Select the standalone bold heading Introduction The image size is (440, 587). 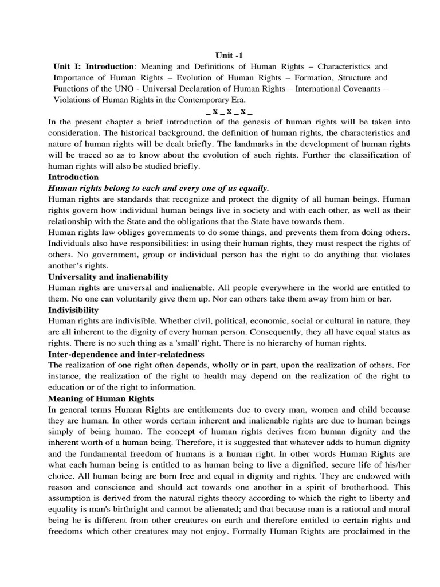[x=73, y=177]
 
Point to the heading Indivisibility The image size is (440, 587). [x=73, y=310]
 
